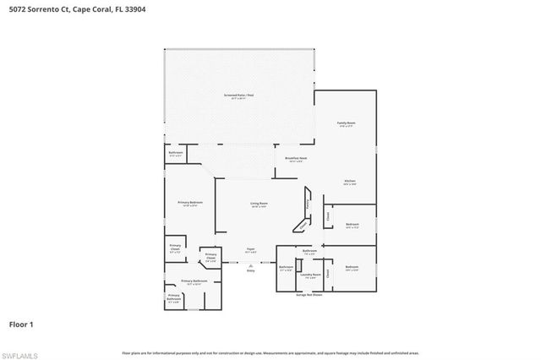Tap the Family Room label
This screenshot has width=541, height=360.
tap(346, 124)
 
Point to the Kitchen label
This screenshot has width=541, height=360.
tap(349, 182)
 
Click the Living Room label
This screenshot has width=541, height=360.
tap(259, 205)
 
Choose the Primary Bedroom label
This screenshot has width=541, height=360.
tap(189, 204)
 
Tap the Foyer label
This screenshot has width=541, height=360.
tap(250, 249)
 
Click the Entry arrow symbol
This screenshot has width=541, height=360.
tap(250, 264)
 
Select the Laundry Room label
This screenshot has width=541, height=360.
tap(310, 275)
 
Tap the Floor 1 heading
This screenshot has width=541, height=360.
tap(21, 325)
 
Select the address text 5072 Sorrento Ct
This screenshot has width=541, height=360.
tap(38, 9)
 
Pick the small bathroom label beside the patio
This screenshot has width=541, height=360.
tap(175, 154)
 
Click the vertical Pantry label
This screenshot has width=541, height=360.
tap(309, 205)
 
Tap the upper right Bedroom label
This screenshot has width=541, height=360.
tap(353, 226)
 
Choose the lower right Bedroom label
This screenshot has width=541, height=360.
tap(352, 268)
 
